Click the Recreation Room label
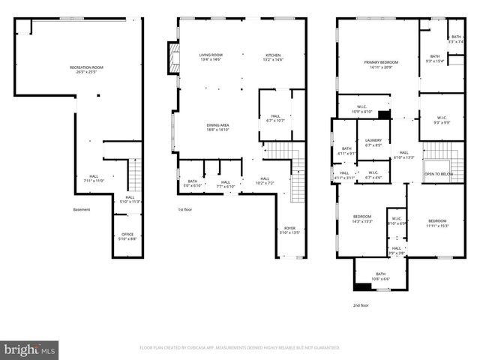pos(86,70)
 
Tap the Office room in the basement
pos(127,236)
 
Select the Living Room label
pos(211,57)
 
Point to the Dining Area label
pos(218,127)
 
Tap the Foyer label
pos(289,230)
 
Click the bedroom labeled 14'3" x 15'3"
pos(361,218)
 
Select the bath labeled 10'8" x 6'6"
pos(380,276)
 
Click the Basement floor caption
pos(82,209)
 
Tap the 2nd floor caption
pos(361,305)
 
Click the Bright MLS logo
pos(29,349)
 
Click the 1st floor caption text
pos(185,209)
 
